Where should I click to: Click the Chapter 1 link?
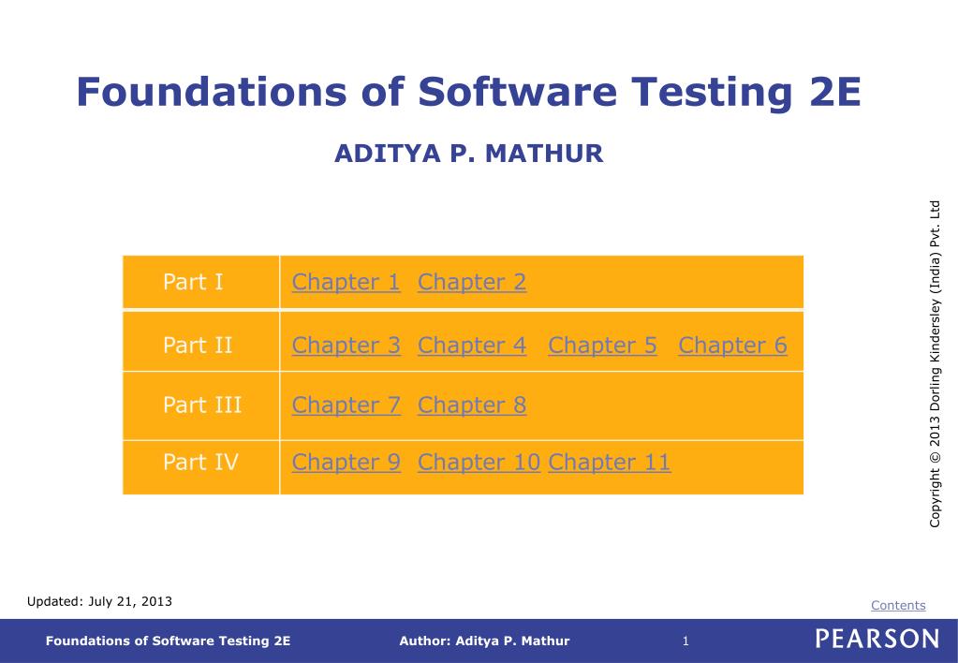tap(346, 282)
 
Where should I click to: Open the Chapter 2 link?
tap(472, 282)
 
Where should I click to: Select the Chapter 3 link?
tap(346, 346)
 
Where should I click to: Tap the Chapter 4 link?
tap(472, 346)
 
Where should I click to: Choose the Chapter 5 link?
tap(602, 346)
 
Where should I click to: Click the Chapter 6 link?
tap(732, 346)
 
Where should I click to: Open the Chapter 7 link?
tap(346, 405)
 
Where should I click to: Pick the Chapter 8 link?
tap(472, 405)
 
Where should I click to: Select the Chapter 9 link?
tap(346, 463)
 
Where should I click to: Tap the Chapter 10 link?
tap(479, 463)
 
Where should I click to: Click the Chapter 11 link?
tap(609, 463)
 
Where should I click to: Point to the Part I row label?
tap(193, 282)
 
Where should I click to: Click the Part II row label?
tap(198, 346)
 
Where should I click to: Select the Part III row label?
tap(202, 405)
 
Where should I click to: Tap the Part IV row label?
tap(200, 463)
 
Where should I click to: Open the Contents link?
tap(898, 605)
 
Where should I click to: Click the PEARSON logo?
tap(877, 640)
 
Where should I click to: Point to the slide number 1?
tap(685, 641)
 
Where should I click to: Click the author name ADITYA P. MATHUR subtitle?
tap(468, 154)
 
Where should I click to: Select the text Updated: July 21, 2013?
tap(99, 601)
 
